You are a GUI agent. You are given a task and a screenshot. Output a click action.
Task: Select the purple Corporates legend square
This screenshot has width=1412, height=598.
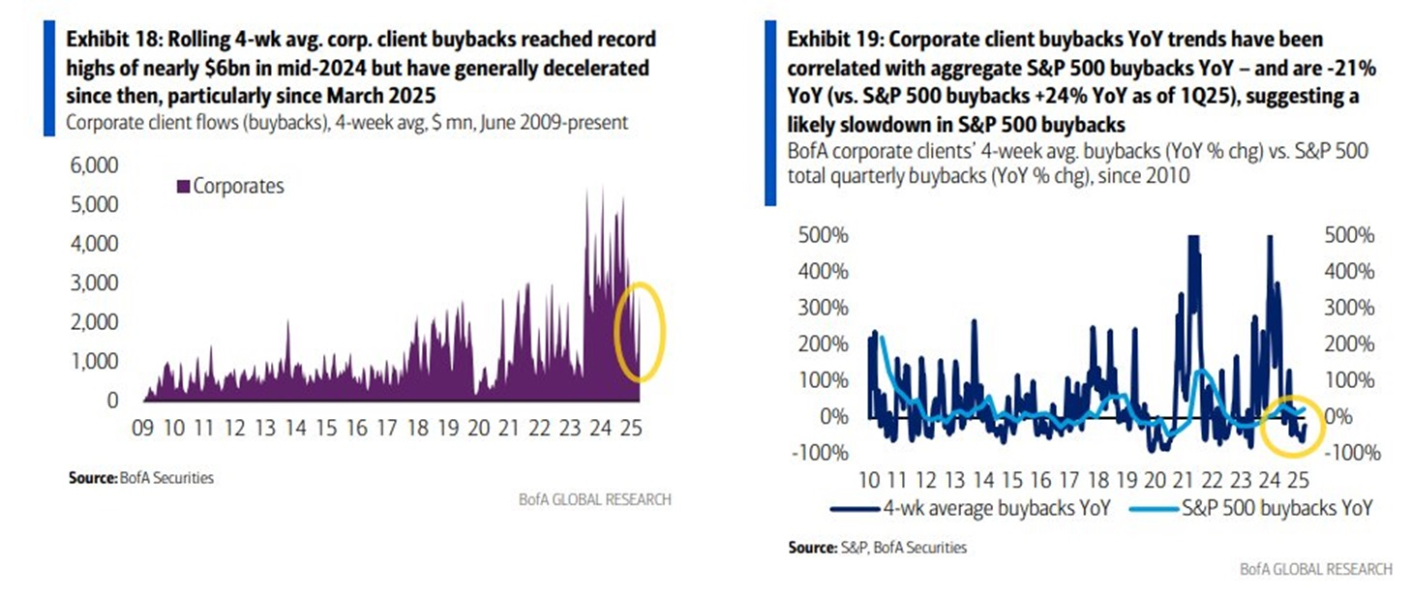pyautogui.click(x=184, y=186)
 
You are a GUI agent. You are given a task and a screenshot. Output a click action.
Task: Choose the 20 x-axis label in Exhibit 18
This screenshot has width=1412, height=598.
pyautogui.click(x=477, y=426)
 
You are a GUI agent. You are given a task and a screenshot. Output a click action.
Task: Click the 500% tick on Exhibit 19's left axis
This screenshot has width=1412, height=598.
pyautogui.click(x=823, y=235)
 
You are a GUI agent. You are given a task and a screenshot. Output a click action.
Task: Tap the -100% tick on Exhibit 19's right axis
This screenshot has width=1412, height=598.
pyautogui.click(x=1352, y=453)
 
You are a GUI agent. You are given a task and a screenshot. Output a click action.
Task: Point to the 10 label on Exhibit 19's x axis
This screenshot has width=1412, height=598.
pyautogui.click(x=868, y=479)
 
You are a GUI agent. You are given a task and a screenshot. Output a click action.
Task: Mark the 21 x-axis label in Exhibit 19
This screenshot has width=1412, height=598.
pyautogui.click(x=1182, y=479)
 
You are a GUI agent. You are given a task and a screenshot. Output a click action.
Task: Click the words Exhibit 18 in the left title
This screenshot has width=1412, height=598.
pyautogui.click(x=105, y=40)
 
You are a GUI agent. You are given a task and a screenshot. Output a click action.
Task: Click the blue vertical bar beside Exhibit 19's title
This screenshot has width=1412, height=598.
pyautogui.click(x=770, y=111)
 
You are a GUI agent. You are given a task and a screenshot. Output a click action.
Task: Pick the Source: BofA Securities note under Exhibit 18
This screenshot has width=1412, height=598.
pyautogui.click(x=141, y=477)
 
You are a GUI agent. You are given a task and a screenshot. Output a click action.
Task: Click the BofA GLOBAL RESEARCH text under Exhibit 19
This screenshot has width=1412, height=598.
pyautogui.click(x=1316, y=569)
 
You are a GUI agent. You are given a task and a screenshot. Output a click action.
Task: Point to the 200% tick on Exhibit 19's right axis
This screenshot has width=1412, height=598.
pyautogui.click(x=1348, y=344)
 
